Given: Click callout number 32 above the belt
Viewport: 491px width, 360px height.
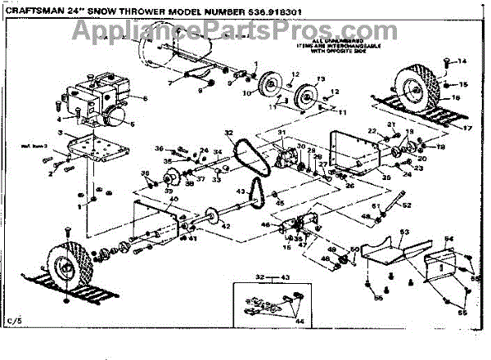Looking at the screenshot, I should coord(228,133).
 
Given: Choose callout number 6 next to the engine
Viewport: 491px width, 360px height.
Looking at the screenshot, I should coord(145,99).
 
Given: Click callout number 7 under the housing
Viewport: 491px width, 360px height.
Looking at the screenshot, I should coord(170,84).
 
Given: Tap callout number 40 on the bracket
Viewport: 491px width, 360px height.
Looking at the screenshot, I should coord(173,200).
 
